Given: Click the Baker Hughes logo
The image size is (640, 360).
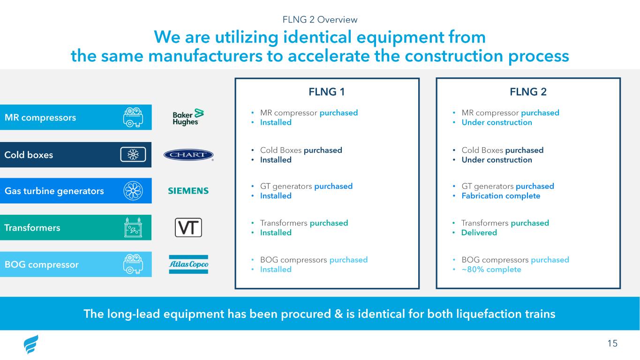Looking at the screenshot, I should tap(188, 117).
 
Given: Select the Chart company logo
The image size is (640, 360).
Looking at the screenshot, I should tap(188, 155).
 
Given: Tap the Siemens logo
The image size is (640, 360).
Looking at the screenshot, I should tap(188, 191).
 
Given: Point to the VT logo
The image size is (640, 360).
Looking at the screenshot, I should tap(188, 228).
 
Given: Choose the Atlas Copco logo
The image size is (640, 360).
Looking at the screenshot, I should tap(188, 265).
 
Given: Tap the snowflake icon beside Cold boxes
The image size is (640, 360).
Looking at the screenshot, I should tap(133, 154).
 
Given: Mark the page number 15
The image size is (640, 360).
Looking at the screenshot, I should tap(612, 344).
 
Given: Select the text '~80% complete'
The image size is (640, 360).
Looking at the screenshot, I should tap(491, 270).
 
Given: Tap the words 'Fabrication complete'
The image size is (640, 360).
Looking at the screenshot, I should tap(501, 196).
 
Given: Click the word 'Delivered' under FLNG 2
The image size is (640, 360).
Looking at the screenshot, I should tap(479, 232).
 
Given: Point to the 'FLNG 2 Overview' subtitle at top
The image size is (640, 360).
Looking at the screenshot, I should tap(320, 19).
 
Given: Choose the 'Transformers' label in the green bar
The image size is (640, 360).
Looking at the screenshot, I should tap(32, 228).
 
